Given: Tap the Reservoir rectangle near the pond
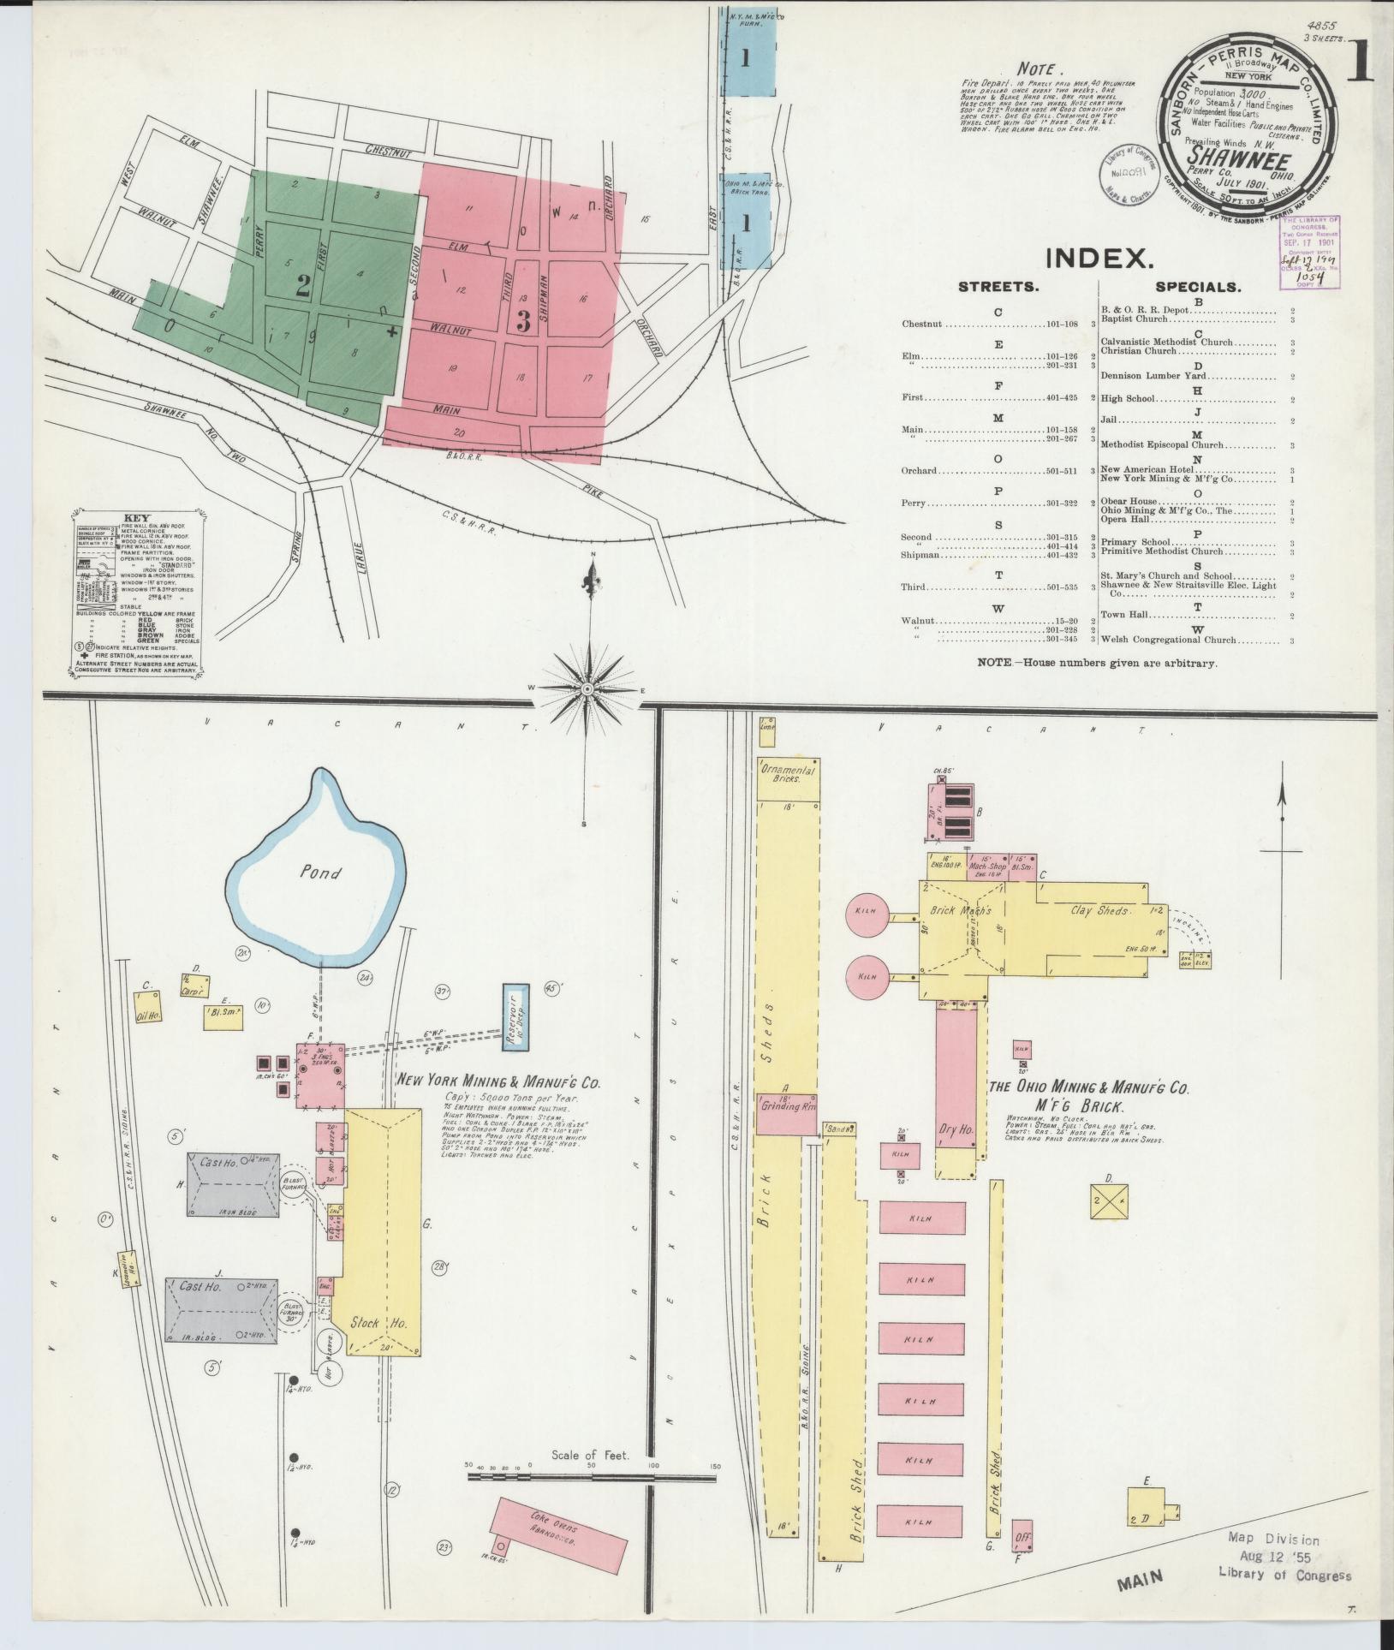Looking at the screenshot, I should [x=515, y=1016].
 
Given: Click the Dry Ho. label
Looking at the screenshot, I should [x=956, y=1129].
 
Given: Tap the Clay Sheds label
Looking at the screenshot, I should [x=1099, y=910].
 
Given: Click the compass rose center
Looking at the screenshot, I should [x=588, y=689].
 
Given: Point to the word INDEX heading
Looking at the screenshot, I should [x=1099, y=258].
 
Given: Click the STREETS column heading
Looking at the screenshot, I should [x=998, y=288].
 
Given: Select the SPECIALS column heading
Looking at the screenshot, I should [x=1198, y=288].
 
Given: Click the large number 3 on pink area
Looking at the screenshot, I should [x=524, y=322].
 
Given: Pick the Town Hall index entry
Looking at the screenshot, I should [x=1124, y=615].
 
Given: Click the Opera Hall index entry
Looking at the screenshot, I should [x=1125, y=520].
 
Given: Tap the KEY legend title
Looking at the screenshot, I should [x=136, y=519].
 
